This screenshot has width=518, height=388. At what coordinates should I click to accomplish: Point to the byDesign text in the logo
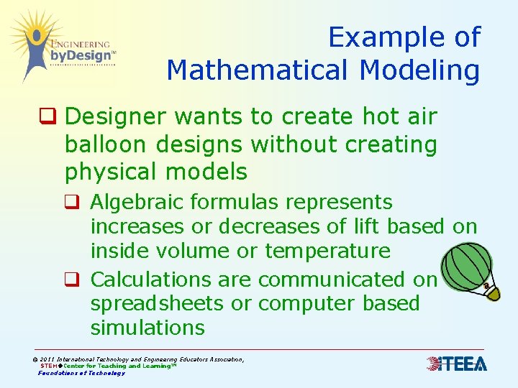[x=81, y=55]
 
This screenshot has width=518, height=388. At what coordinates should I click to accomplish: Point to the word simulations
[x=147, y=328]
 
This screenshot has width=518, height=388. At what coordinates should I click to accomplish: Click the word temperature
[x=328, y=251]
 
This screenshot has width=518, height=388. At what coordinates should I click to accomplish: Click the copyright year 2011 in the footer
[x=47, y=359]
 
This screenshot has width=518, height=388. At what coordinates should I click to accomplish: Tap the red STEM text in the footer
[x=50, y=366]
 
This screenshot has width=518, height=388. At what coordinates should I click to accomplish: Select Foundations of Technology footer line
[x=81, y=373]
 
